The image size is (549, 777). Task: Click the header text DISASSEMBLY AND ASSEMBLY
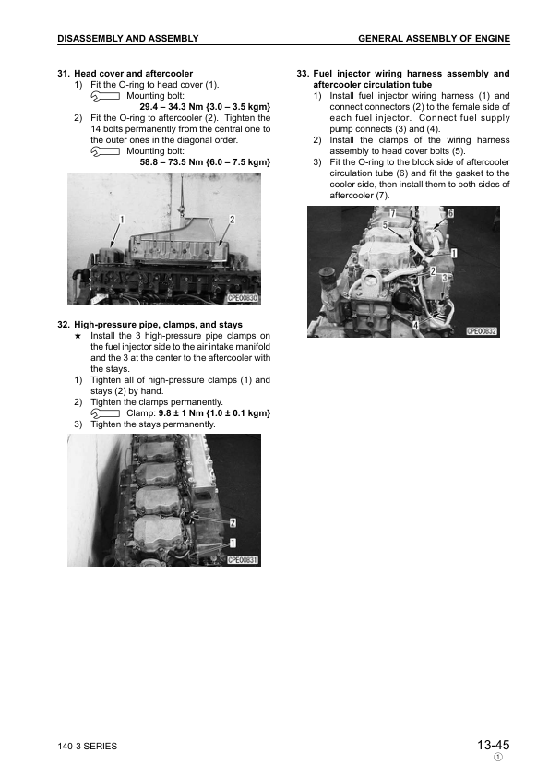coord(127,38)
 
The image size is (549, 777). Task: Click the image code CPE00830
coord(243,299)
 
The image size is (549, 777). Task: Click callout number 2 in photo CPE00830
coord(232,219)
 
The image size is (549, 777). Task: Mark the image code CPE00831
coord(243,559)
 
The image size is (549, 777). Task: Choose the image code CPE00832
coord(482,330)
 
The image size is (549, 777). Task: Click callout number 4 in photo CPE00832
coord(414,325)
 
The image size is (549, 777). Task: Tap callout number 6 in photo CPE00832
coord(451,213)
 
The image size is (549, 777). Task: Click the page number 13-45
coord(493,745)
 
